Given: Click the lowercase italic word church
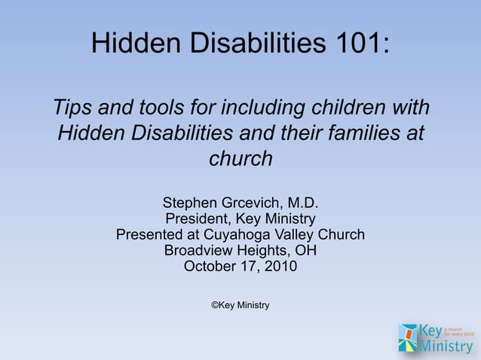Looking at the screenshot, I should [240, 159].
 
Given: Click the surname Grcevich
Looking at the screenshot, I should [252, 203].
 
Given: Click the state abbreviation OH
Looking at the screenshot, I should [305, 251].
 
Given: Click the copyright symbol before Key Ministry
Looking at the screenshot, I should [214, 305].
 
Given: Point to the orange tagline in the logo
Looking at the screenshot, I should [458, 331].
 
